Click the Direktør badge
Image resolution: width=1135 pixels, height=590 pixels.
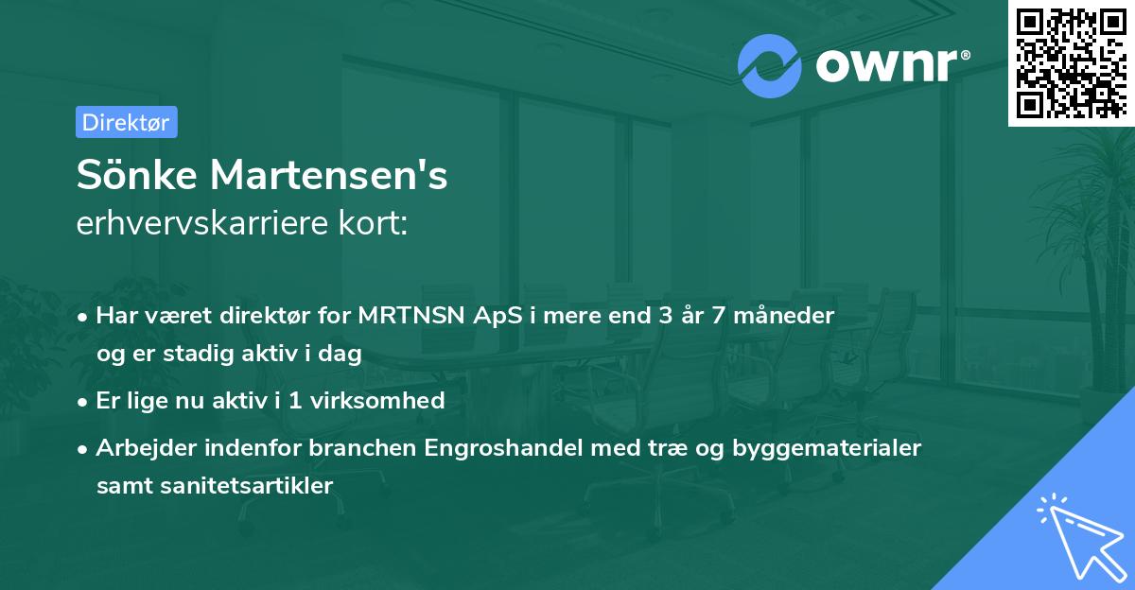coord(126,122)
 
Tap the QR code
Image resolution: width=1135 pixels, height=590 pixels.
coord(1071,63)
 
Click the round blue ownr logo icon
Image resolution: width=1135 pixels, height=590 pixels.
coord(771,65)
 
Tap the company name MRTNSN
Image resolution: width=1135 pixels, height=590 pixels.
coord(417,316)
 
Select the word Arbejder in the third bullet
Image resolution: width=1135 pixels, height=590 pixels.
coord(140,448)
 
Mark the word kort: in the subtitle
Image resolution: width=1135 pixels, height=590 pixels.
coord(378,223)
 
